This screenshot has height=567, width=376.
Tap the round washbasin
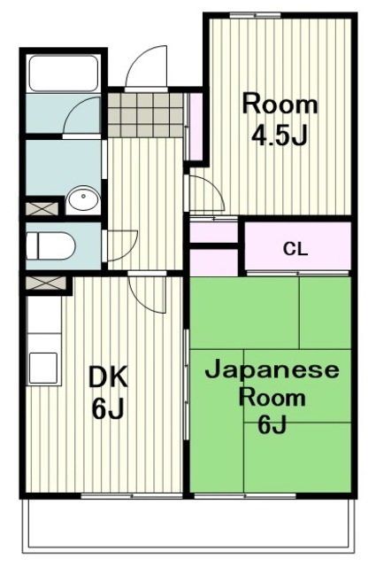81,199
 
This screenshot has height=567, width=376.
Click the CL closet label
295,249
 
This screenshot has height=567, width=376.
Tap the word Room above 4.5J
280,105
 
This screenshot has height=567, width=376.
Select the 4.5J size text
280,136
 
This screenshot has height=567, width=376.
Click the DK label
107,378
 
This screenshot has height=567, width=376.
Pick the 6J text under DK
107,411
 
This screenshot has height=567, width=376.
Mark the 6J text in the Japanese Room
272,426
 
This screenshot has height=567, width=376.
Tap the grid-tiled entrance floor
147,109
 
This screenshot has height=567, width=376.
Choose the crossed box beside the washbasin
41,209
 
